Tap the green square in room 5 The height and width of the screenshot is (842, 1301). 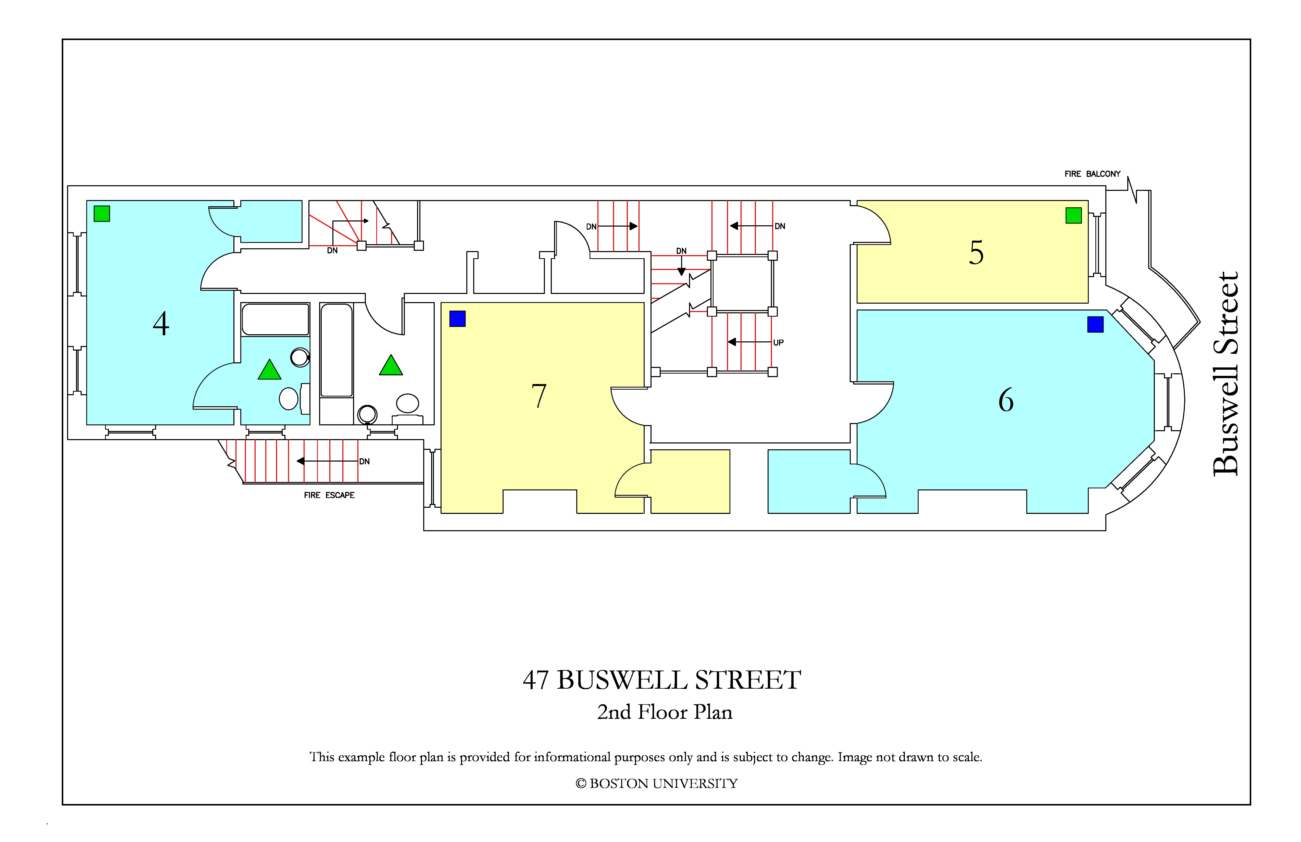(x=1074, y=215)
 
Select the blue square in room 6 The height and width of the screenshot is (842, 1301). (x=1095, y=324)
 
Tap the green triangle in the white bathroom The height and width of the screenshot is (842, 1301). (x=391, y=365)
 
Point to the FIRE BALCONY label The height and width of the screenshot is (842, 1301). (x=1092, y=174)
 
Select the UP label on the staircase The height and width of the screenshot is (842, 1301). (x=778, y=343)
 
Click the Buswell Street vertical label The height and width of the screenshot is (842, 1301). (x=1225, y=374)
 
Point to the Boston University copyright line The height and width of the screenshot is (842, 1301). (x=657, y=784)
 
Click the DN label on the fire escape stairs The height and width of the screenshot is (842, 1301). (x=365, y=462)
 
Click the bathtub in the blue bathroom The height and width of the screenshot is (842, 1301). (x=276, y=319)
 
